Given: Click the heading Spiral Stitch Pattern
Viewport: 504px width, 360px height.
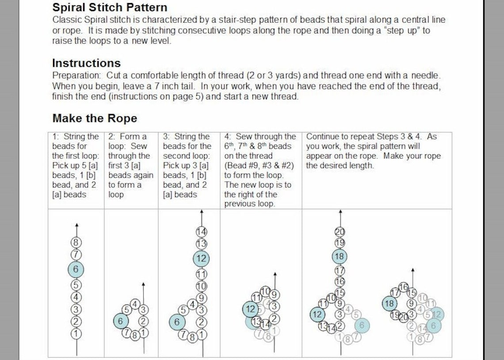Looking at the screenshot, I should [110, 8].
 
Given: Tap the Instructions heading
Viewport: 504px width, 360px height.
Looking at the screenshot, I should [86, 63].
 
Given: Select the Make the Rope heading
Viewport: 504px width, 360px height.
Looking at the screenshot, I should [95, 119].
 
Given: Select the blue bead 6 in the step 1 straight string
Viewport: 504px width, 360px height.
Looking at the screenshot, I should [76, 269].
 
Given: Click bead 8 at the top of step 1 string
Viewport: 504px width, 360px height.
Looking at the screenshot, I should [76, 242].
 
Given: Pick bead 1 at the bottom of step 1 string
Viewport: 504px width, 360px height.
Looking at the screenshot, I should [76, 334].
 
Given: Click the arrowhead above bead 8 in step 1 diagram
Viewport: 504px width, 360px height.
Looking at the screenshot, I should [76, 226].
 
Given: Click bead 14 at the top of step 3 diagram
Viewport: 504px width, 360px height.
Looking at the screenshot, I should [202, 231].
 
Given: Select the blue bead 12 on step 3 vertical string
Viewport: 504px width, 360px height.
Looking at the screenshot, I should [202, 258].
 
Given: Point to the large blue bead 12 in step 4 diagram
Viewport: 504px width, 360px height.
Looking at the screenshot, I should [250, 309].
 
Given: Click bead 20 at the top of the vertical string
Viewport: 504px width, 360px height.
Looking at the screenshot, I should [340, 232].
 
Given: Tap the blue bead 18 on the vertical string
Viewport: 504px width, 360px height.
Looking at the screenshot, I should [340, 257].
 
